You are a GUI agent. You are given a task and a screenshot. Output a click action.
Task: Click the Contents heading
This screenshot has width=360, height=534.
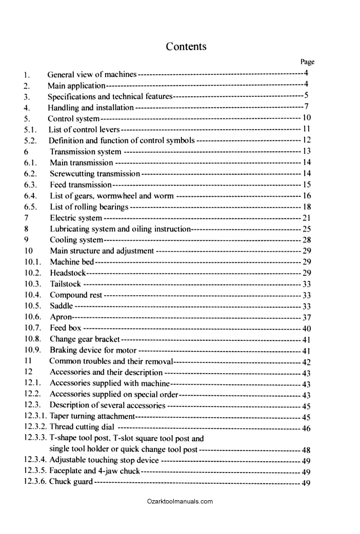186,47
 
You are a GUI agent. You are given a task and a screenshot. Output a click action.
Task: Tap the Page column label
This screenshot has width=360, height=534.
307,62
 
